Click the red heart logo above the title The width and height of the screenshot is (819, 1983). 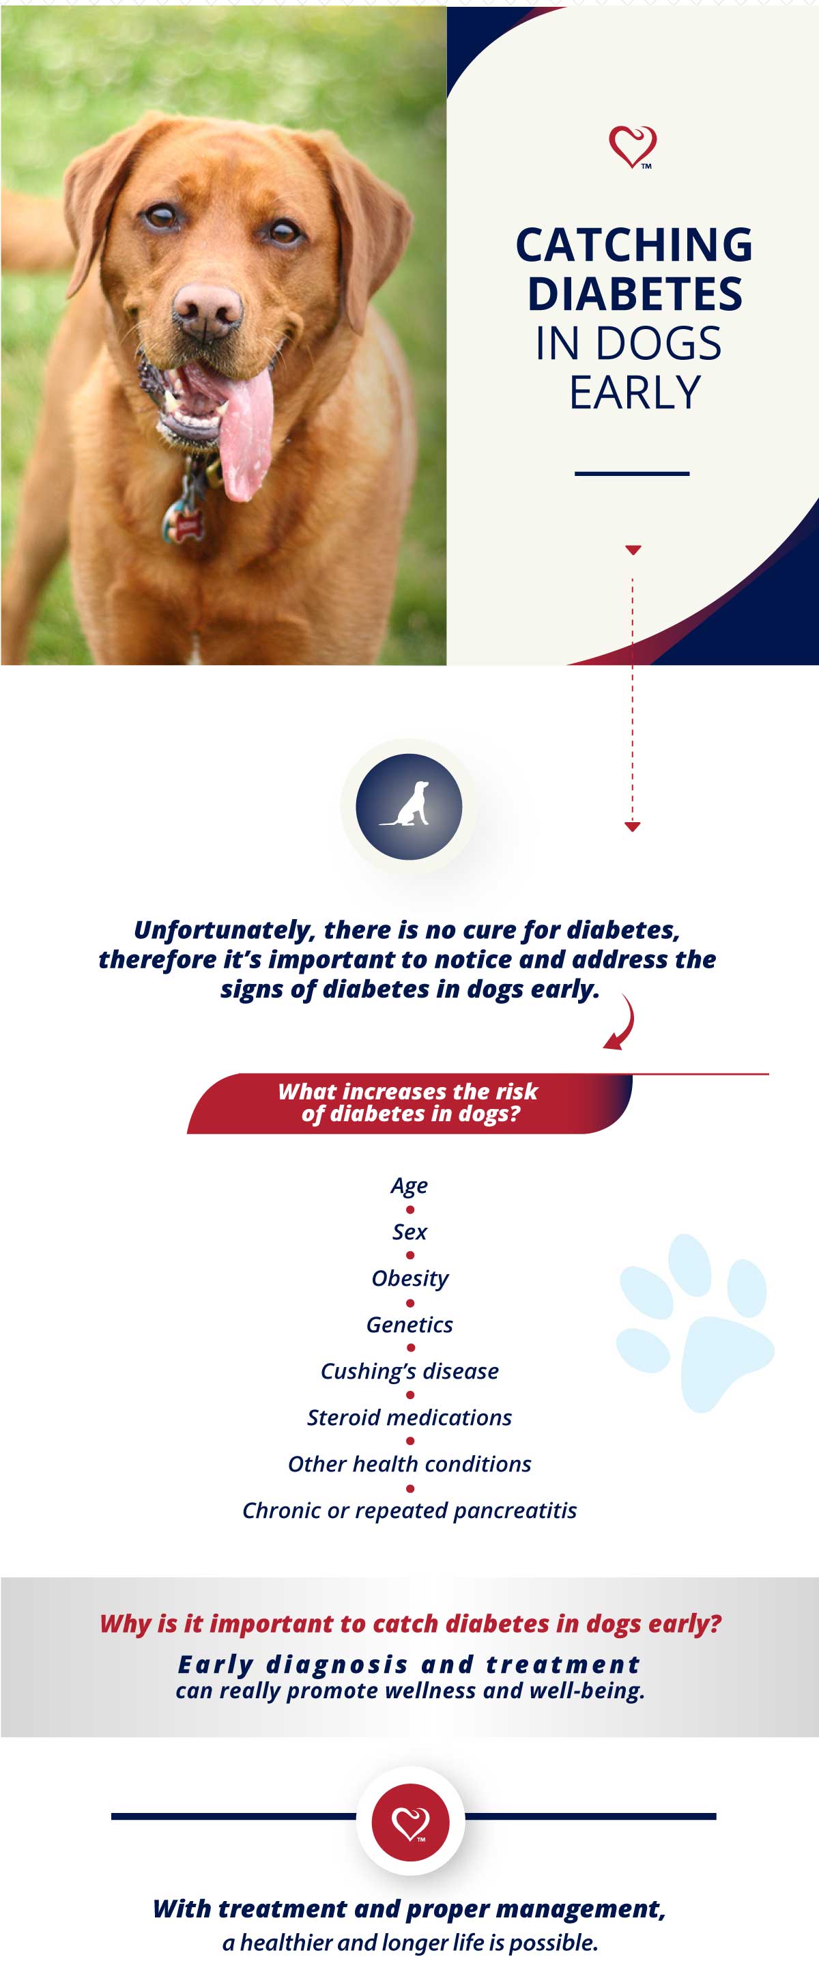[633, 145]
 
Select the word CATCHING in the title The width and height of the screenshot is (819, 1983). [633, 244]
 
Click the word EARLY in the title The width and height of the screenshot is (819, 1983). [635, 393]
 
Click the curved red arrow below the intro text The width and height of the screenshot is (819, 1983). [624, 1022]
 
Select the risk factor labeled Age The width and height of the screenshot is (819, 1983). [409, 1185]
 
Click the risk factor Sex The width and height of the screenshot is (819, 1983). [409, 1232]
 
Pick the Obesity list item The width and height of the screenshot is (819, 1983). [409, 1278]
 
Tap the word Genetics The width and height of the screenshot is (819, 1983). [409, 1325]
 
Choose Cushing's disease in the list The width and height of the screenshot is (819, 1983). [409, 1372]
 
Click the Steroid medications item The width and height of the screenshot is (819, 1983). [409, 1417]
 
